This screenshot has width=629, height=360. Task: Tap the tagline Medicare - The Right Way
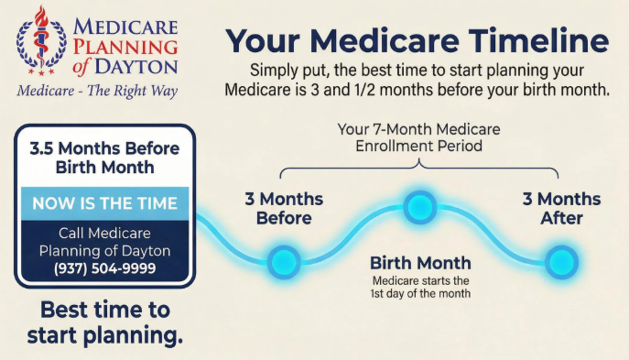[x=97, y=91]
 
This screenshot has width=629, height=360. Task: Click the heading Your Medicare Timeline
[x=417, y=41]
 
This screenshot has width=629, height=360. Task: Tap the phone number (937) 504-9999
[x=106, y=268]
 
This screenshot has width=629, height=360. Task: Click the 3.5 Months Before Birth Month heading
[x=104, y=157]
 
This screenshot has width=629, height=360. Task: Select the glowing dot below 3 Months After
[x=561, y=261]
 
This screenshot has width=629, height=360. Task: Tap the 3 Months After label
[x=561, y=209]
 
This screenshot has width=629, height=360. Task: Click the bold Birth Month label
[x=420, y=264]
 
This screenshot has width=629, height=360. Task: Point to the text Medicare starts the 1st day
[x=420, y=287]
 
